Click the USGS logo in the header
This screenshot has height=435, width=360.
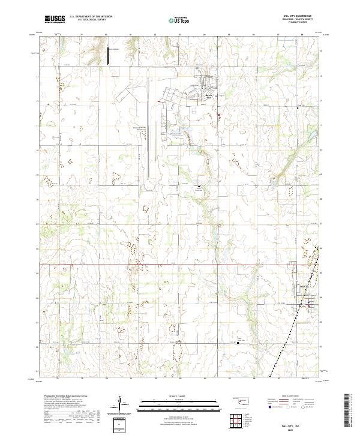pos(55,19)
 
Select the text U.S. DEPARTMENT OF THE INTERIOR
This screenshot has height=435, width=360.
pos(91,17)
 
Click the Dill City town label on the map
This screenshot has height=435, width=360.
pos(303,286)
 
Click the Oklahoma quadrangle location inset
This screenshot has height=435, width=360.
pos(242,400)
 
